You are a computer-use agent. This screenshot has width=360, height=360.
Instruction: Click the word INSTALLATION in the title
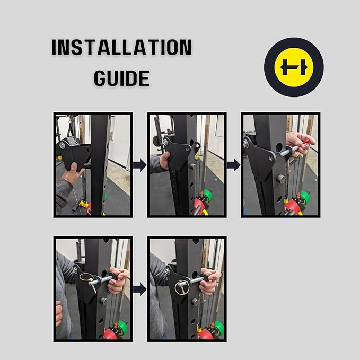point(122,47)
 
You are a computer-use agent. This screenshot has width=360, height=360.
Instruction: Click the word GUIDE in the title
point(122,78)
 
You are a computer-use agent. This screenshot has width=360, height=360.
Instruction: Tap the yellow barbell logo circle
point(294,67)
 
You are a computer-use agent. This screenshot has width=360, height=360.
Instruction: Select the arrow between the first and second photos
point(140,165)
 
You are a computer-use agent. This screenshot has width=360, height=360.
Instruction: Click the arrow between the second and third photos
point(234,165)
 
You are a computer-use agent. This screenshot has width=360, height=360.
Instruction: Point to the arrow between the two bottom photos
point(140,289)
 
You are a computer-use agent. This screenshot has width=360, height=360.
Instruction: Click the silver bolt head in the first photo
point(62,145)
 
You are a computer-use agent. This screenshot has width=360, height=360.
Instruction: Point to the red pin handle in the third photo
point(306,142)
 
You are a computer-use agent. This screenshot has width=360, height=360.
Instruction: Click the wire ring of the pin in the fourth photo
point(86,277)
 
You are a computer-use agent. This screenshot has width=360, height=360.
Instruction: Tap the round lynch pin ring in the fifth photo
point(182,288)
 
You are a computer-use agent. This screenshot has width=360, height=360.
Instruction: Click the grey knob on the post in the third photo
point(281,178)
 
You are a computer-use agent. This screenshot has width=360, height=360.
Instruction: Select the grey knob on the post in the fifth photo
point(195,302)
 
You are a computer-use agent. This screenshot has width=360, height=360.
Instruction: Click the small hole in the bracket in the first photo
point(87,150)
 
